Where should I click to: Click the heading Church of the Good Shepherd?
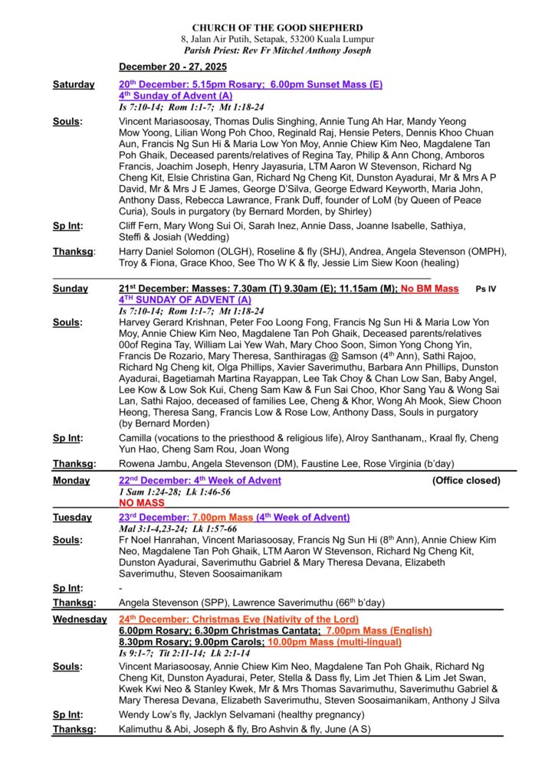[x=277, y=28]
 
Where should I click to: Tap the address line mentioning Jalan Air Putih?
[x=277, y=39]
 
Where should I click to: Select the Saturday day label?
[x=74, y=84]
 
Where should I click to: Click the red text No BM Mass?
[x=429, y=289]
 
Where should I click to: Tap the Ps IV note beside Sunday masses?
[x=486, y=289]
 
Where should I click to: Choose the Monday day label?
[x=71, y=481]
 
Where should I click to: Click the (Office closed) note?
[x=466, y=481]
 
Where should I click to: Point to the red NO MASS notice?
[x=142, y=504]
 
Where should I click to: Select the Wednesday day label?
[x=80, y=619]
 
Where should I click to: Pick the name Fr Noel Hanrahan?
[x=157, y=541]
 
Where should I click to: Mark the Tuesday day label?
[x=72, y=518]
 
